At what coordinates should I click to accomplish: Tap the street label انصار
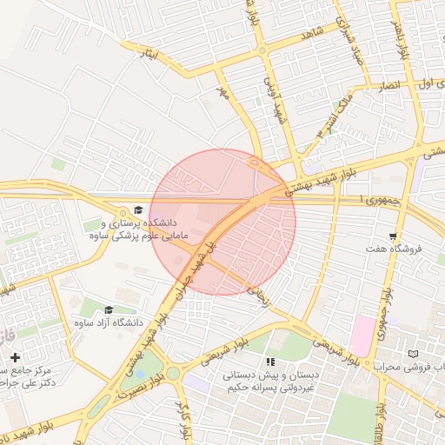385,88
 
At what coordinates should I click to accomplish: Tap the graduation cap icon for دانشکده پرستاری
136,209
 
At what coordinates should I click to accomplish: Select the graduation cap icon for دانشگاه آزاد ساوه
109,309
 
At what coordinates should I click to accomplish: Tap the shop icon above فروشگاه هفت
394,236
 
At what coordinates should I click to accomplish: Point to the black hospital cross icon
15,356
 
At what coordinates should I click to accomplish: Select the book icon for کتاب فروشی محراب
412,354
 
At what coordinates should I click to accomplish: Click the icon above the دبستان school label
270,362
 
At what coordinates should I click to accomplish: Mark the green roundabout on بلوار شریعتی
173,374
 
